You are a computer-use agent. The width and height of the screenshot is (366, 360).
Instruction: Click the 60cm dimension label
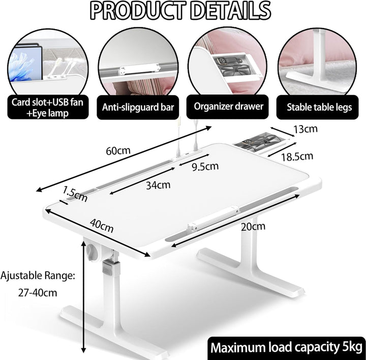[118, 151]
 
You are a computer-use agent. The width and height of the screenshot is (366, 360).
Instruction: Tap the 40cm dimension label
[102, 226]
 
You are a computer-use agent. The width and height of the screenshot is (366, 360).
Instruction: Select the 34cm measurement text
[158, 185]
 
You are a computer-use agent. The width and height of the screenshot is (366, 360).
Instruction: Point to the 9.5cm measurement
[205, 166]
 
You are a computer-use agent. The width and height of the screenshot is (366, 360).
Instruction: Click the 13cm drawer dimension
[306, 129]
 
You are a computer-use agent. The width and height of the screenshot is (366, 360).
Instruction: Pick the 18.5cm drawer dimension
[297, 157]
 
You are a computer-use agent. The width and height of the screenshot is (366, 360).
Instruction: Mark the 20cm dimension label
[253, 226]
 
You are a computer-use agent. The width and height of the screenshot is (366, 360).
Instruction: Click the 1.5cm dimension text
[75, 194]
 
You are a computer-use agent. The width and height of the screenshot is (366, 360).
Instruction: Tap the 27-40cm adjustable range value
[38, 293]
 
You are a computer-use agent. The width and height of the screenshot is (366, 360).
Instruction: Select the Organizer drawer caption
[229, 106]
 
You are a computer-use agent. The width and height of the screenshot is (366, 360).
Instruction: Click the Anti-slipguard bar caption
[138, 107]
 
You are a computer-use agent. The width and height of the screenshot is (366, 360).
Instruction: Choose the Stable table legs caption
[319, 107]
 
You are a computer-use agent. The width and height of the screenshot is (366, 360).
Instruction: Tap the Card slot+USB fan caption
[47, 102]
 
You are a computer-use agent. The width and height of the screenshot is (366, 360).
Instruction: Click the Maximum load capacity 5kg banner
[287, 348]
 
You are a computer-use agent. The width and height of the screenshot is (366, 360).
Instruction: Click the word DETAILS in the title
[230, 11]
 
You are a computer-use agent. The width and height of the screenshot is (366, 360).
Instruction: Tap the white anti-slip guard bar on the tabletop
[213, 218]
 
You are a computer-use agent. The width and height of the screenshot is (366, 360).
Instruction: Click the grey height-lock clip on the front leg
[111, 268]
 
